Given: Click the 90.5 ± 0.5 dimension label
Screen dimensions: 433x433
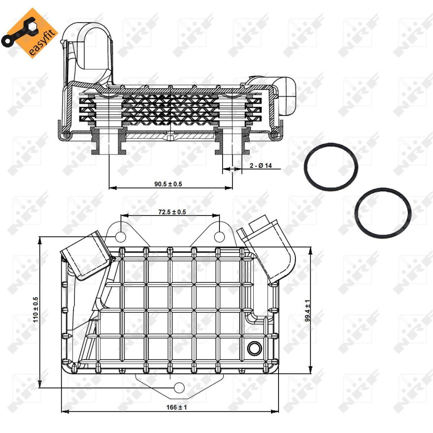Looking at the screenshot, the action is pyautogui.click(x=168, y=184).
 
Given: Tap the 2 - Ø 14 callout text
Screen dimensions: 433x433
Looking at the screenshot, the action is pyautogui.click(x=261, y=166).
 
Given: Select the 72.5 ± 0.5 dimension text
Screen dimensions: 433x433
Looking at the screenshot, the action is pyautogui.click(x=172, y=212).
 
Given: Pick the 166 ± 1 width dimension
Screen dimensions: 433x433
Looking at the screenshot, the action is pyautogui.click(x=176, y=407).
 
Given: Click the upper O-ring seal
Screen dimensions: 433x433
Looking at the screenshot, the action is pyautogui.click(x=331, y=167).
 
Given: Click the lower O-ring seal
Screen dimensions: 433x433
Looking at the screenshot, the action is pyautogui.click(x=383, y=213).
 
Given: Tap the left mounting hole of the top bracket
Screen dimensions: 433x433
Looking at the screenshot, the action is pyautogui.click(x=121, y=237).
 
